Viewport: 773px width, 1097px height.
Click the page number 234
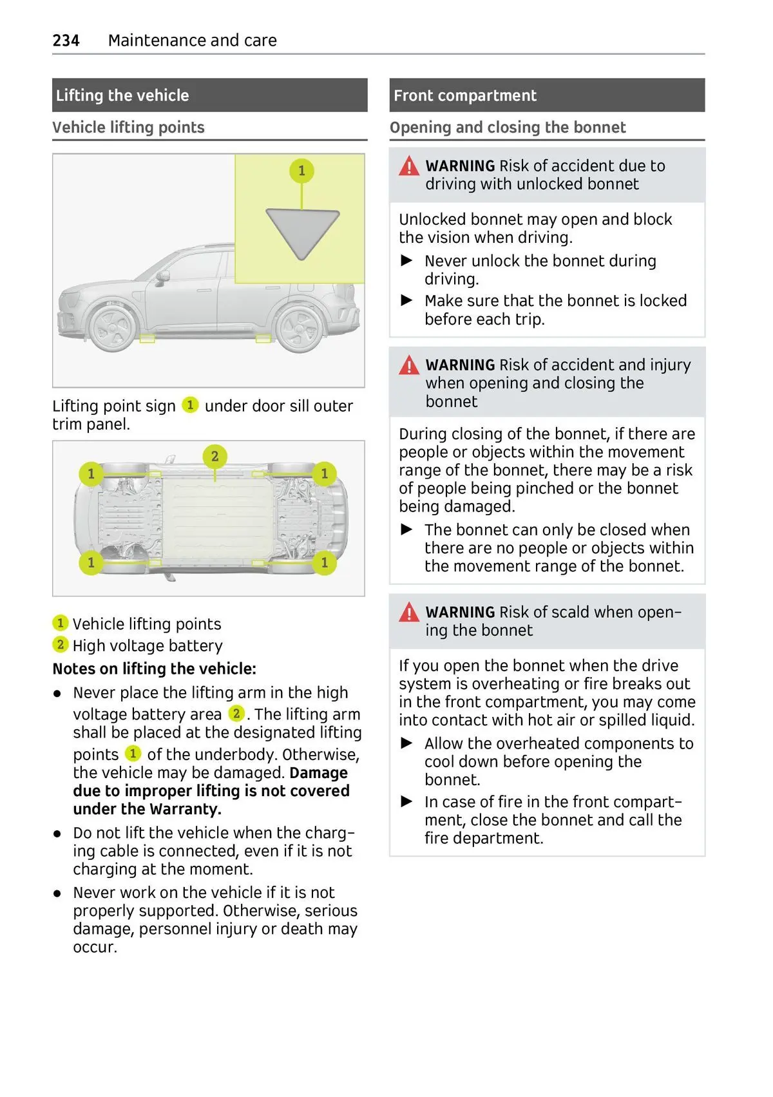[x=66, y=41]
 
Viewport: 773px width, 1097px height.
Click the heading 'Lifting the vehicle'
[x=122, y=95]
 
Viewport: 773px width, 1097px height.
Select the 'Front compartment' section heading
[x=464, y=95]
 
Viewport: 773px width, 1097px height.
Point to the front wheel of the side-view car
[x=113, y=327]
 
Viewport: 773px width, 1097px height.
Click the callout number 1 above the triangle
[x=301, y=171]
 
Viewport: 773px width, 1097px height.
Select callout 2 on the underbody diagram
[x=215, y=456]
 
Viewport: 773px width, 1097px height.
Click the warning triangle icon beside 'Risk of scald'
[x=409, y=612]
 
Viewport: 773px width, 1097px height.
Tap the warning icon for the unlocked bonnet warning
[x=409, y=166]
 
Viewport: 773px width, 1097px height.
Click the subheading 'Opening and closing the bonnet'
[x=508, y=128]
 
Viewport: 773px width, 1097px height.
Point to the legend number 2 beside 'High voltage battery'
[x=60, y=645]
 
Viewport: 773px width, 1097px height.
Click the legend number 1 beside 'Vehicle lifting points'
[x=60, y=623]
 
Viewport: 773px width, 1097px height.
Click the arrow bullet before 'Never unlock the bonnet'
[x=406, y=261]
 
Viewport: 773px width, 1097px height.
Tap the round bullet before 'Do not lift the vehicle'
[x=58, y=834]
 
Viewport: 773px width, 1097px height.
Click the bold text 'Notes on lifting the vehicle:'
[x=155, y=669]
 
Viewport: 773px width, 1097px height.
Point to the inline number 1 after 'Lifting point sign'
[x=190, y=405]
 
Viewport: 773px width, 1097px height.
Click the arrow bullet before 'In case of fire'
[x=406, y=802]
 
